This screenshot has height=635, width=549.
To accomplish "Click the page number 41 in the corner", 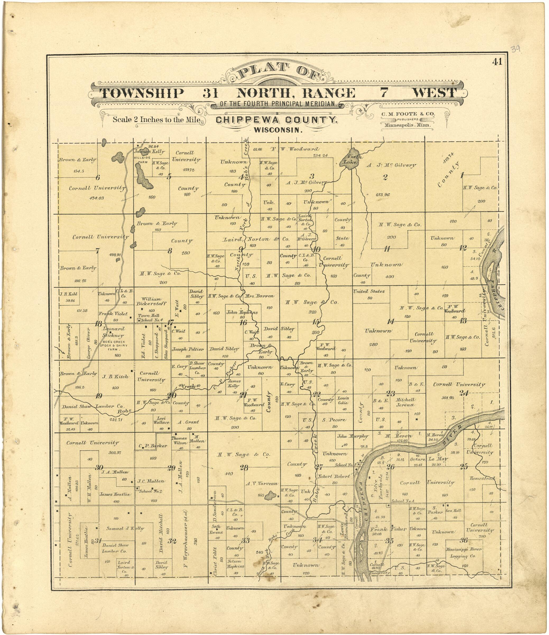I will pyautogui.click(x=497, y=61).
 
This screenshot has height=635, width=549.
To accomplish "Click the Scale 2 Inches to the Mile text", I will pyautogui.click(x=156, y=120).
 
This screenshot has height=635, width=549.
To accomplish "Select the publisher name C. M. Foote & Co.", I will pyautogui.click(x=408, y=114).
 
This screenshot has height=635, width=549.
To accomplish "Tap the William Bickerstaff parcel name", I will pyautogui.click(x=152, y=301).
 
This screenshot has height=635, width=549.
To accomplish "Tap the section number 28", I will pyautogui.click(x=244, y=468).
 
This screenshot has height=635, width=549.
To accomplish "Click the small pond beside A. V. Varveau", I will pyautogui.click(x=270, y=495).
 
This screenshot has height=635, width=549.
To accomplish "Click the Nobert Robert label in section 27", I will pyautogui.click(x=334, y=477).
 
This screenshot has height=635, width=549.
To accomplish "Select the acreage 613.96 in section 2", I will pyautogui.click(x=382, y=195).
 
